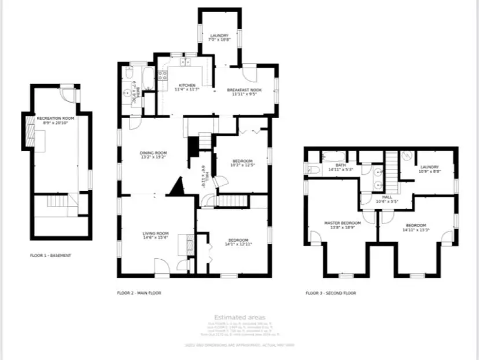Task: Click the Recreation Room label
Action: (x=53, y=118)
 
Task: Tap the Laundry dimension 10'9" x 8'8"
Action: (x=429, y=171)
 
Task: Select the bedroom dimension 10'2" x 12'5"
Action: (x=242, y=165)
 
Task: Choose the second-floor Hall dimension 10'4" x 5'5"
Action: (x=387, y=201)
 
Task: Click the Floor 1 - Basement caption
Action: (x=51, y=255)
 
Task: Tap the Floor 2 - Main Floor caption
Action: (x=139, y=293)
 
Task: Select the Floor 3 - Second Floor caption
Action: (x=331, y=293)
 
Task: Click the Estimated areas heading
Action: (x=239, y=317)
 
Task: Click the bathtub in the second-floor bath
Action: (x=333, y=156)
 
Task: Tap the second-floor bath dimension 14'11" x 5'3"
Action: (x=340, y=170)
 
